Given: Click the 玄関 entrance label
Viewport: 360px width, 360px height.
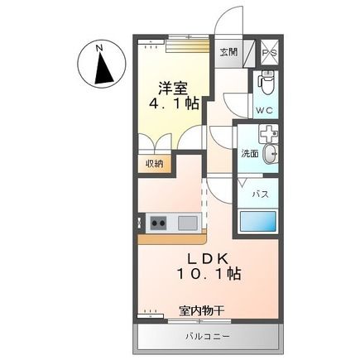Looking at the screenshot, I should pyautogui.click(x=228, y=51).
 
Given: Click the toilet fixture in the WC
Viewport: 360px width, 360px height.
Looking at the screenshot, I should pyautogui.click(x=264, y=83).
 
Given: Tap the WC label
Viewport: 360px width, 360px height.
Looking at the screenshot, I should pyautogui.click(x=264, y=110).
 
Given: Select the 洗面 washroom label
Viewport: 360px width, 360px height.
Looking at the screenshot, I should pyautogui.click(x=249, y=153).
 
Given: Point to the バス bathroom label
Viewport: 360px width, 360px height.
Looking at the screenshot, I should pyautogui.click(x=259, y=193).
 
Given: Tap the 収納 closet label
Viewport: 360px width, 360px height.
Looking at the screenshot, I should pyautogui.click(x=155, y=163).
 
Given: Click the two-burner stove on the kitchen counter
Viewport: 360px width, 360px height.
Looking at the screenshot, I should pyautogui.click(x=159, y=222).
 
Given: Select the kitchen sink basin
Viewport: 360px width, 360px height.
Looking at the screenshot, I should pyautogui.click(x=186, y=222).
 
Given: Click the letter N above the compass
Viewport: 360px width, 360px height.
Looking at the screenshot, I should pyautogui.click(x=99, y=48).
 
